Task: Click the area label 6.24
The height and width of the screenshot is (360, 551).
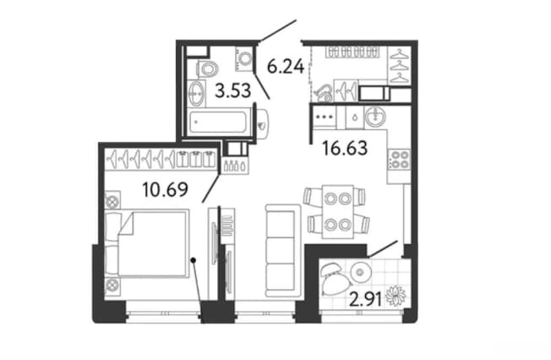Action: pyautogui.click(x=286, y=66)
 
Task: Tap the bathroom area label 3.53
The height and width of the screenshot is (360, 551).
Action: pyautogui.click(x=233, y=90)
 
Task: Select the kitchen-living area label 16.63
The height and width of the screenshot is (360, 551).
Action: pyautogui.click(x=345, y=148)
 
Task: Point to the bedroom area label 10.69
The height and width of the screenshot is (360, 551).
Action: pyautogui.click(x=165, y=190)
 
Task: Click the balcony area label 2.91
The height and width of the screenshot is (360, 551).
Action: pyautogui.click(x=366, y=300)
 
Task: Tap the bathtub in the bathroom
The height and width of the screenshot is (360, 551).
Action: pyautogui.click(x=219, y=122)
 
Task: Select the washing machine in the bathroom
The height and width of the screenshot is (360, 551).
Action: pyautogui.click(x=244, y=58)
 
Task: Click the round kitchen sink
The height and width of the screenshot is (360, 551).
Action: pyautogui.click(x=376, y=117)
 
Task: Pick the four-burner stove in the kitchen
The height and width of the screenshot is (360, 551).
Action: pyautogui.click(x=399, y=160)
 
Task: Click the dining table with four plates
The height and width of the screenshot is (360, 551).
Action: pyautogui.click(x=338, y=211)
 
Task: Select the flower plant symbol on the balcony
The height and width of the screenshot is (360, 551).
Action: pyautogui.click(x=396, y=295)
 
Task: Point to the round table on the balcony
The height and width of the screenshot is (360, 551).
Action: pyautogui.click(x=359, y=272)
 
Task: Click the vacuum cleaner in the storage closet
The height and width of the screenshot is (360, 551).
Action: pyautogui.click(x=324, y=92)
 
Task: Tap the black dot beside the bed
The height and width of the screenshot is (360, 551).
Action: pyautogui.click(x=193, y=260)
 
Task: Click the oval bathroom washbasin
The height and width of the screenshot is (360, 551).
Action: pyautogui.click(x=196, y=94)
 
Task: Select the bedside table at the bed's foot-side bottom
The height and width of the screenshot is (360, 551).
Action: pyautogui.click(x=112, y=286)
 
